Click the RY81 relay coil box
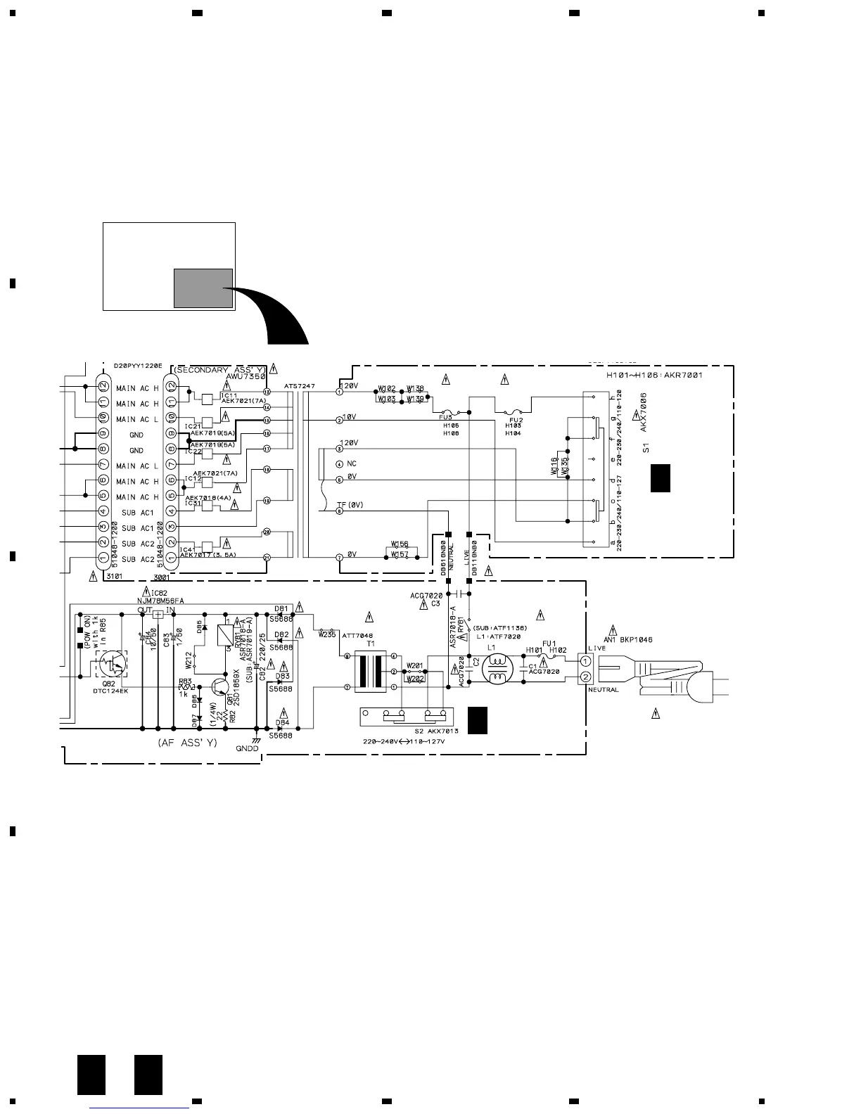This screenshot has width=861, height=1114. click(226, 635)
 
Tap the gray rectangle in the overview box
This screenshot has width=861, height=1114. click(203, 288)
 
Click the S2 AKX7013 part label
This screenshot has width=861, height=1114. click(436, 731)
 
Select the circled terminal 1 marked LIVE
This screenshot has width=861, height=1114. click(585, 661)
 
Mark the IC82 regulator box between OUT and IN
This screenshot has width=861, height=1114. click(158, 615)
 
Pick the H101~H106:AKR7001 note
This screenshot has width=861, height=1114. click(654, 376)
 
